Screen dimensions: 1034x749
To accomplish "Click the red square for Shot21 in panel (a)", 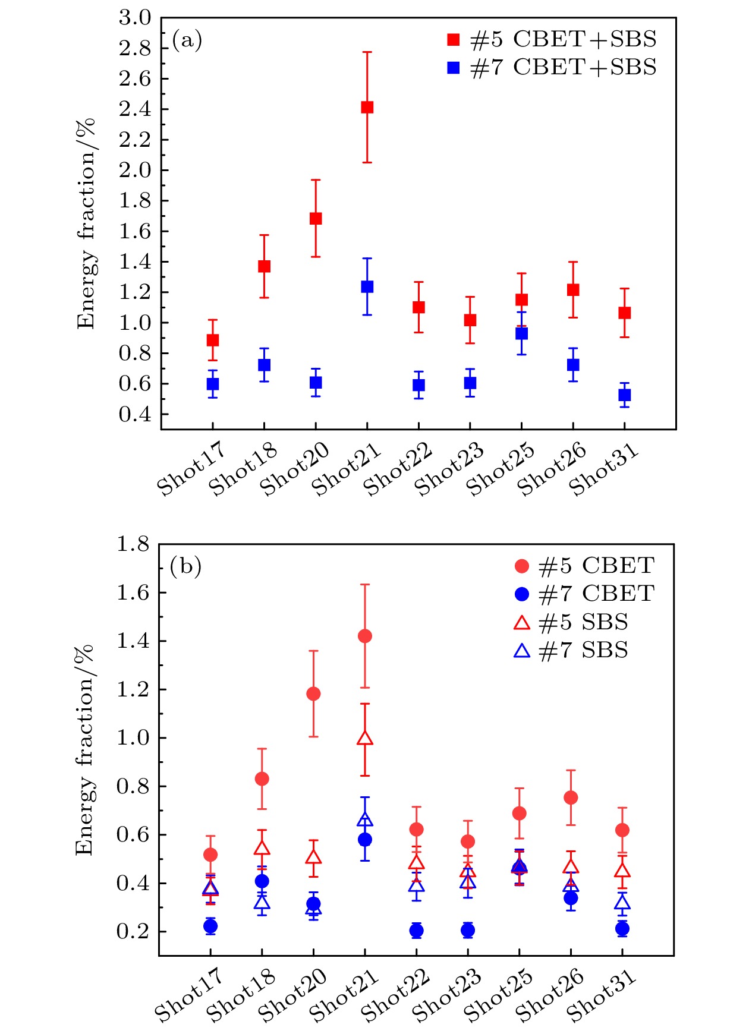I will [x=367, y=107].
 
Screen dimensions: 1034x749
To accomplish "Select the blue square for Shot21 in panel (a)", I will [x=367, y=286].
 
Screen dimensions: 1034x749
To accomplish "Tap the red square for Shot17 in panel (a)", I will [x=212, y=340].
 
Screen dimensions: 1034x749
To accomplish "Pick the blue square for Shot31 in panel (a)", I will [x=624, y=395].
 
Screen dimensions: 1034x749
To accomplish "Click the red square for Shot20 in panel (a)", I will [x=316, y=219].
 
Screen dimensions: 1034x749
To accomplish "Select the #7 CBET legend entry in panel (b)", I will [x=585, y=593].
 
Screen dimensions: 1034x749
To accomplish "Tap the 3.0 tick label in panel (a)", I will [x=135, y=18].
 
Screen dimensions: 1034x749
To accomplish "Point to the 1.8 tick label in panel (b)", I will [x=133, y=544].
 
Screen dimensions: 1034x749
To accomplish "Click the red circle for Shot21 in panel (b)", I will [x=365, y=636].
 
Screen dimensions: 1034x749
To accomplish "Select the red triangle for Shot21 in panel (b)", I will [x=365, y=739].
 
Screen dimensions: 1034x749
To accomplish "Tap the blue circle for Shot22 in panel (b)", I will [x=416, y=931].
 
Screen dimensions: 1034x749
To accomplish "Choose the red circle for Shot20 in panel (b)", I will [x=313, y=693].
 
